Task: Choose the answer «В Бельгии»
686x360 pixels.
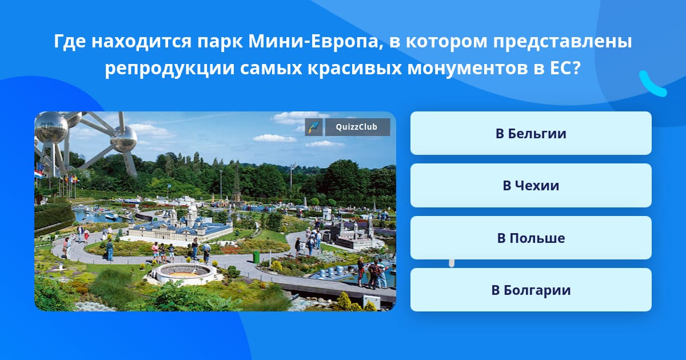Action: coord(531,133)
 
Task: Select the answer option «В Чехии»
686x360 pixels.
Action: coord(531,186)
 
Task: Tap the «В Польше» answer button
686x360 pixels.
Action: coord(531,238)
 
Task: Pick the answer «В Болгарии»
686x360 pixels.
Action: coord(531,290)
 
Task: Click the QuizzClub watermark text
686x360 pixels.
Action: coord(357,127)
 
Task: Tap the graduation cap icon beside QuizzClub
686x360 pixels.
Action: coord(314,127)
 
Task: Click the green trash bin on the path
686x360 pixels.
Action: coord(256,257)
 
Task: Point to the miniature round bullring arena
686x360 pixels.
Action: coord(184,273)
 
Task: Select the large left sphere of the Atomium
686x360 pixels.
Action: coord(51,127)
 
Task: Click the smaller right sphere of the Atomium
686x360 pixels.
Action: coord(123,139)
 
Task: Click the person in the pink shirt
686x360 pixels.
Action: coord(155,251)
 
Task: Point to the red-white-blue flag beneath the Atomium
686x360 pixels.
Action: coord(38,174)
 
